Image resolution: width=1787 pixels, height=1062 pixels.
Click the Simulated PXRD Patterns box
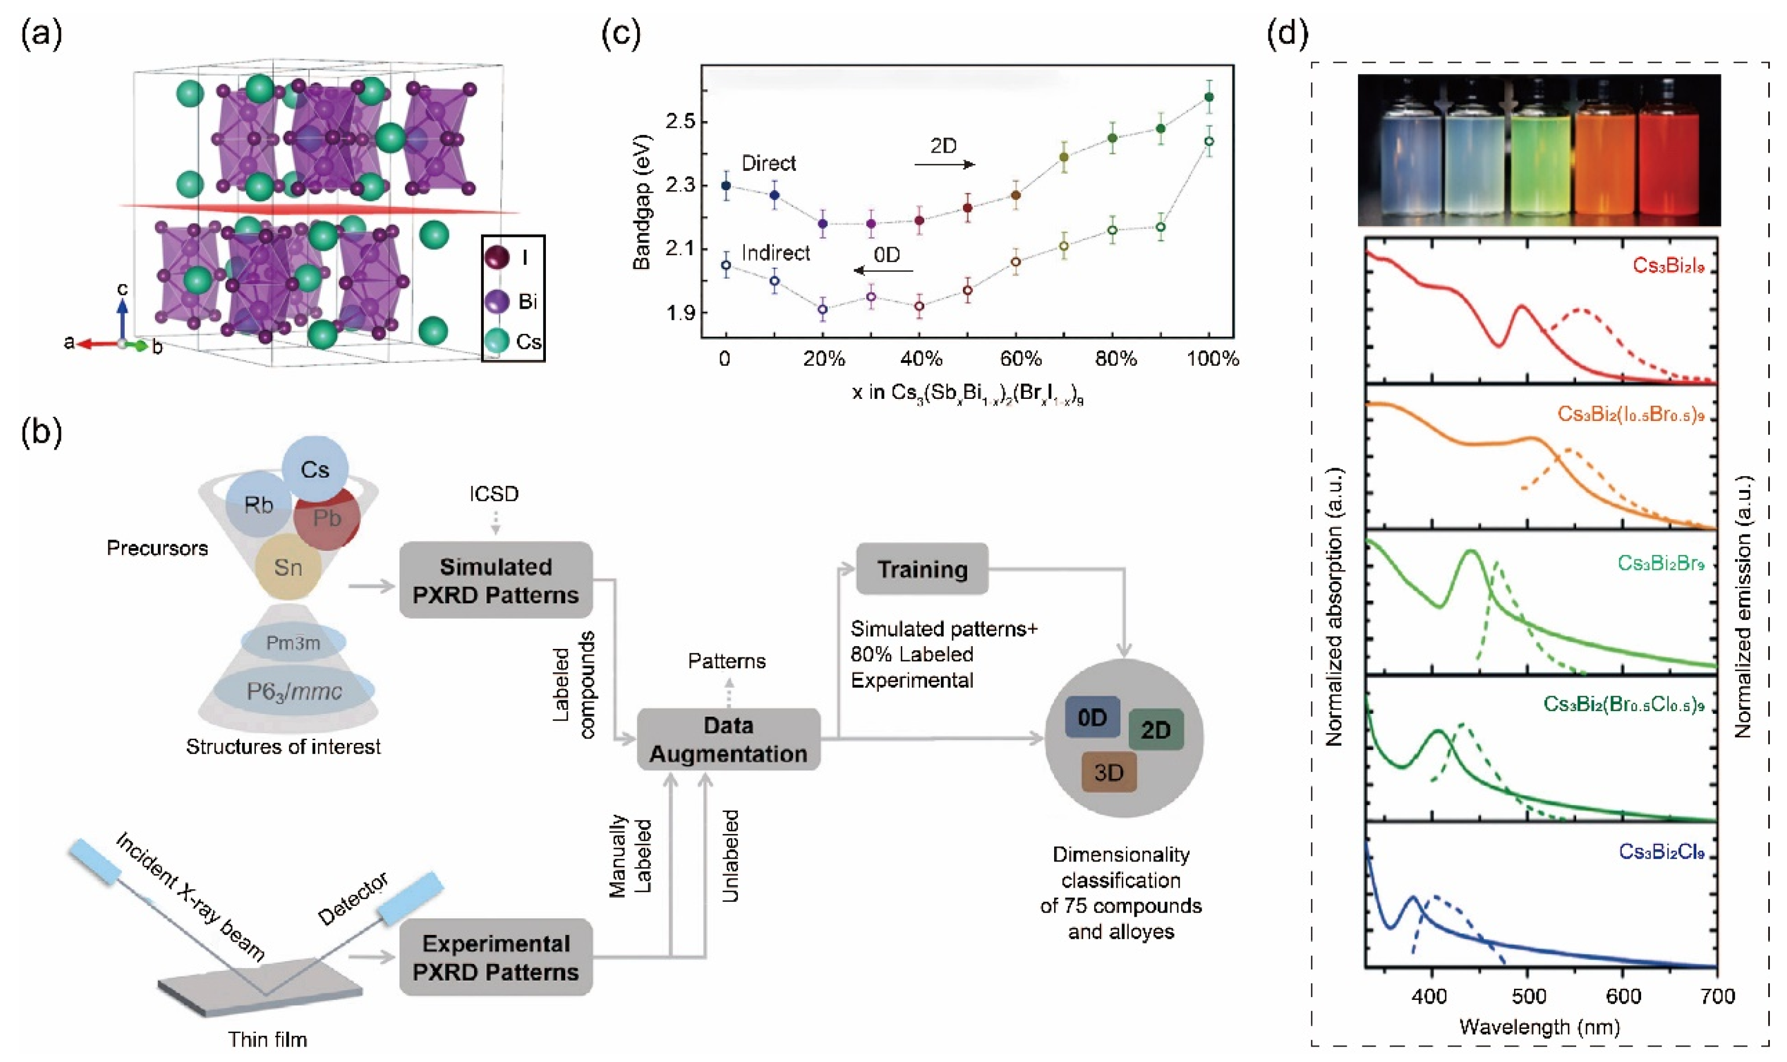[x=495, y=581]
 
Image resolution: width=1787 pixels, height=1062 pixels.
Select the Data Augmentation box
[x=728, y=740]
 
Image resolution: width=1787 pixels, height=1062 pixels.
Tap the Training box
[x=922, y=569]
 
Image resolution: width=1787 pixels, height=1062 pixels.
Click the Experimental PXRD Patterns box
[x=495, y=958]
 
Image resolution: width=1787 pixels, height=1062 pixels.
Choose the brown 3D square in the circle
[x=1108, y=772]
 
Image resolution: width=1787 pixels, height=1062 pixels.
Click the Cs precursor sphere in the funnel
[x=315, y=469]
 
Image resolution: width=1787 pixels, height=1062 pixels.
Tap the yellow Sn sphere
[x=288, y=567]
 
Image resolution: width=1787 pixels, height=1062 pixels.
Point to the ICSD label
[x=494, y=494]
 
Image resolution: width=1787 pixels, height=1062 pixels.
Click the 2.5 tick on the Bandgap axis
[x=680, y=122]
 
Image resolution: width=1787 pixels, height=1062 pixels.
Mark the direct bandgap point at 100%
[x=1209, y=97]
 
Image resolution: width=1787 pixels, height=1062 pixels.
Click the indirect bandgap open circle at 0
[x=727, y=265]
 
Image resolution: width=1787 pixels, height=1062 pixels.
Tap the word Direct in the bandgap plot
[x=769, y=163]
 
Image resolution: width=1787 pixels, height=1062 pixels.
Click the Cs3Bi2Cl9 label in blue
[x=1661, y=852]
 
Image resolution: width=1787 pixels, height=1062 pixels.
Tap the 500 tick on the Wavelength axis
[x=1527, y=996]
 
